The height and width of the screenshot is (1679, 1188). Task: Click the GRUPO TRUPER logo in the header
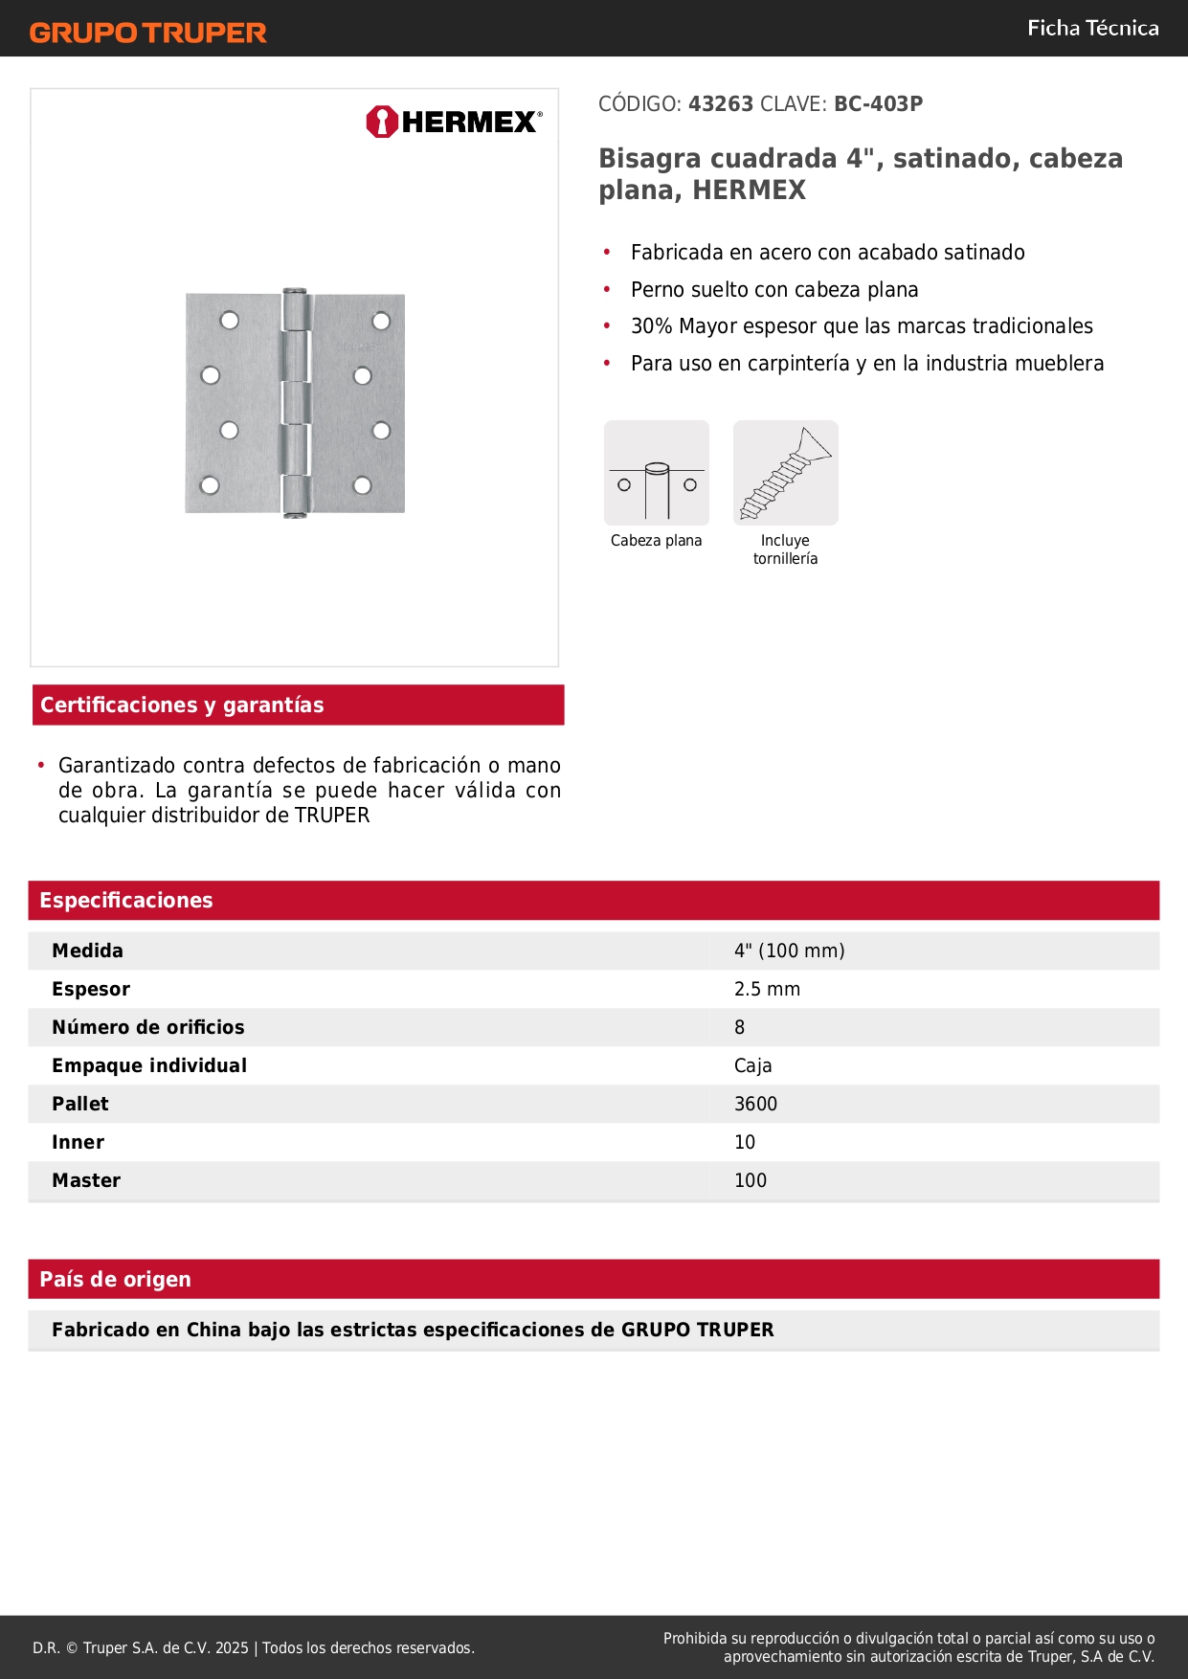click(x=148, y=33)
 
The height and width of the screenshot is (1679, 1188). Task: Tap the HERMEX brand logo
click(x=454, y=122)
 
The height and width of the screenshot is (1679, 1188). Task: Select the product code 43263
click(x=721, y=104)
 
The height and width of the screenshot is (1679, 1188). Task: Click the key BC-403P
click(x=878, y=104)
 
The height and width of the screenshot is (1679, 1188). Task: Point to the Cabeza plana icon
click(x=657, y=474)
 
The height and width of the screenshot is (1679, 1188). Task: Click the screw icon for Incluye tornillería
click(x=786, y=474)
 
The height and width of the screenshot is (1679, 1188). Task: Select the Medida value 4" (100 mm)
click(x=789, y=951)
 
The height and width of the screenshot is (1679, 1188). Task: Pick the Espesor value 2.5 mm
click(x=767, y=989)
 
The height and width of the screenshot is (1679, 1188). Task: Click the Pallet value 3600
click(x=755, y=1104)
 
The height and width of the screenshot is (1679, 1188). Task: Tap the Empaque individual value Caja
click(x=752, y=1065)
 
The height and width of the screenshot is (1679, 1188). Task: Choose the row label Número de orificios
click(x=148, y=1027)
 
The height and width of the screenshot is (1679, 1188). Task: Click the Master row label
click(x=86, y=1180)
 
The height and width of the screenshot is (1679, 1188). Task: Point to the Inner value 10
click(x=745, y=1142)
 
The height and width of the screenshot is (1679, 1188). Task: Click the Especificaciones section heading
click(x=126, y=901)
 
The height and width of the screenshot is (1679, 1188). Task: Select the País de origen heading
click(x=115, y=1280)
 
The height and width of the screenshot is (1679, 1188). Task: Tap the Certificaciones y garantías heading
click(x=182, y=705)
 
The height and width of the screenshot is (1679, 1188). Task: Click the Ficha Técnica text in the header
click(x=1092, y=29)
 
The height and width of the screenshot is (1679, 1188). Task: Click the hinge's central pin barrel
click(x=296, y=403)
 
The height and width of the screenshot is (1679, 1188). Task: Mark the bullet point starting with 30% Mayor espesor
click(x=862, y=326)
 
